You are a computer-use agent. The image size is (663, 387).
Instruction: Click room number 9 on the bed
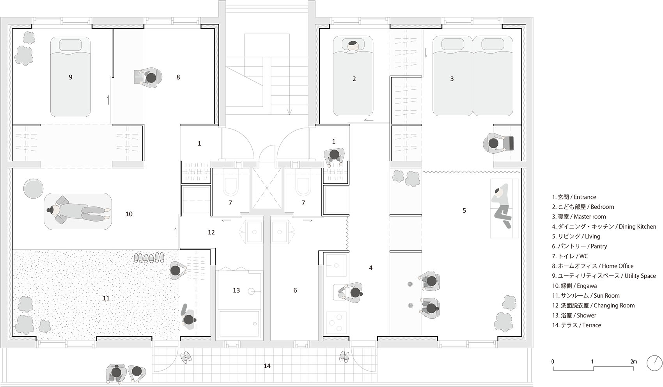coord(70,77)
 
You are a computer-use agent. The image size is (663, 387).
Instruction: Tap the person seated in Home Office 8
coord(150,77)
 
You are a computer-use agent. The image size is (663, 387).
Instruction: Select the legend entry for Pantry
coord(579,246)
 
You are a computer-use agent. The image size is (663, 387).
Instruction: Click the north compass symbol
coord(654,363)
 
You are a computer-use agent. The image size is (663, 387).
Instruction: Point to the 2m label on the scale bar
coord(633,362)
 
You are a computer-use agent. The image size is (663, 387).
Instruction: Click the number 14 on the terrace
coord(267,366)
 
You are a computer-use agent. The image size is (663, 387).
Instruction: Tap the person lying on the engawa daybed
coord(78,211)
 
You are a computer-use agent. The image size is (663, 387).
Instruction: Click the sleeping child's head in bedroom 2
coord(353,45)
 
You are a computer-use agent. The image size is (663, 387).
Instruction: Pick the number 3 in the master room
coord(452,79)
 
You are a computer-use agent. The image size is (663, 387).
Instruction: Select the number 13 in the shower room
coord(236,290)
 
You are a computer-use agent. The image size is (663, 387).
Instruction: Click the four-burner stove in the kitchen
coord(336,321)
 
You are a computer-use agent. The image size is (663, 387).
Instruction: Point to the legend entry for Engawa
coord(574,286)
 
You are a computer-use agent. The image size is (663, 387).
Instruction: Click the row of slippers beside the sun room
coord(149,258)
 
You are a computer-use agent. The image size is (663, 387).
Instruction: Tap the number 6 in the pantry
coord(295,290)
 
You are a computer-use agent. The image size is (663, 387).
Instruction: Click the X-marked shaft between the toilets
coord(267,188)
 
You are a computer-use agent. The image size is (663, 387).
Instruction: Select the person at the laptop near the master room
coord(494,143)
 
